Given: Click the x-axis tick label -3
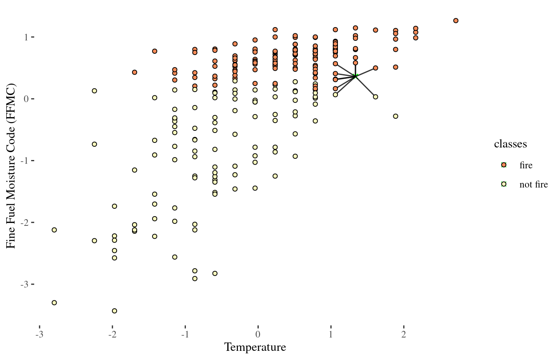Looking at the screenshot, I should pyautogui.click(x=39, y=335).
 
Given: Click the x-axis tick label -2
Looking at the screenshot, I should pyautogui.click(x=112, y=335).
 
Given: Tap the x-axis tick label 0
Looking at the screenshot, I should pyautogui.click(x=258, y=335).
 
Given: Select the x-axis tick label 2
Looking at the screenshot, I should pyautogui.click(x=403, y=335).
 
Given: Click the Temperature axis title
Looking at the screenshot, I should pyautogui.click(x=255, y=347).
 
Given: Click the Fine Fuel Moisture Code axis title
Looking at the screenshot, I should pyautogui.click(x=11, y=166).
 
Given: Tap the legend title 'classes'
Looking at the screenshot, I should pyautogui.click(x=510, y=144).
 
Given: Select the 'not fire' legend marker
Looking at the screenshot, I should pyautogui.click(x=504, y=184).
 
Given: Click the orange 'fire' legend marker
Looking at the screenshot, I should pyautogui.click(x=504, y=165).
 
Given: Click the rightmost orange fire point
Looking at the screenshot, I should pyautogui.click(x=456, y=20).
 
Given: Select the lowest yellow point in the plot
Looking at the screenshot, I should pyautogui.click(x=115, y=311).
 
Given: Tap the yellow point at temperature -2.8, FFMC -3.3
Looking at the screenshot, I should pyautogui.click(x=54, y=302).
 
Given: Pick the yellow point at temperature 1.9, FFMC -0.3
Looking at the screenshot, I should pyautogui.click(x=395, y=116).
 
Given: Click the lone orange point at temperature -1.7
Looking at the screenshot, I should pyautogui.click(x=135, y=72).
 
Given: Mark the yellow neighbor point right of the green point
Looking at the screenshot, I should pyautogui.click(x=375, y=97).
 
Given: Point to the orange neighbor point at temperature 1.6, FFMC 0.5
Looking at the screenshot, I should pyautogui.click(x=375, y=68).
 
